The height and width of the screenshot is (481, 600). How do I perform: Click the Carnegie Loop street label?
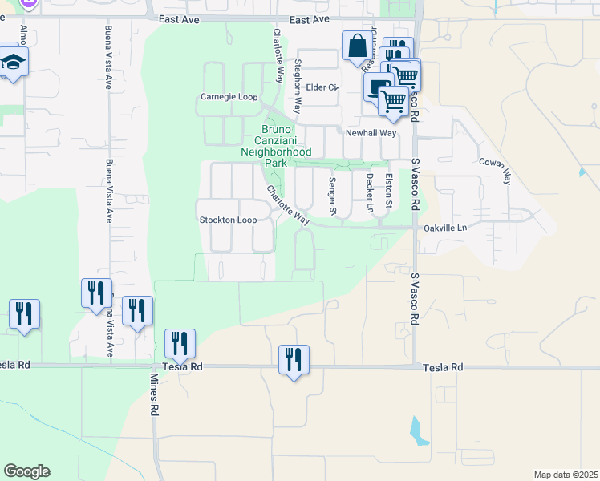(x=229, y=98)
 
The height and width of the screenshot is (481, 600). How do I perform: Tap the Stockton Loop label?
(x=228, y=220)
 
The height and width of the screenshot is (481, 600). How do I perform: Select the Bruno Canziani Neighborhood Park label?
(x=276, y=145)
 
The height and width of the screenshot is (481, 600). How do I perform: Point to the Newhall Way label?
(x=371, y=133)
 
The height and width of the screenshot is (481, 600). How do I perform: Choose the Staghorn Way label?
(x=297, y=84)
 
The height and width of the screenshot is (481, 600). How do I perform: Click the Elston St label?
(x=389, y=192)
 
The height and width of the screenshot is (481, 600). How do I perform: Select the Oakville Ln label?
(x=444, y=228)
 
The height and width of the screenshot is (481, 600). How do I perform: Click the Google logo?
(x=26, y=471)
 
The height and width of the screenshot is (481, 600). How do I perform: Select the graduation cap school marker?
(x=13, y=63)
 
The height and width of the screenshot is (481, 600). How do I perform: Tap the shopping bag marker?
(x=356, y=46)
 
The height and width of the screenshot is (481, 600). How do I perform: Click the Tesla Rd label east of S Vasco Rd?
(x=444, y=366)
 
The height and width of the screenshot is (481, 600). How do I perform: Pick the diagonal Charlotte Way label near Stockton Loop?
(x=288, y=205)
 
